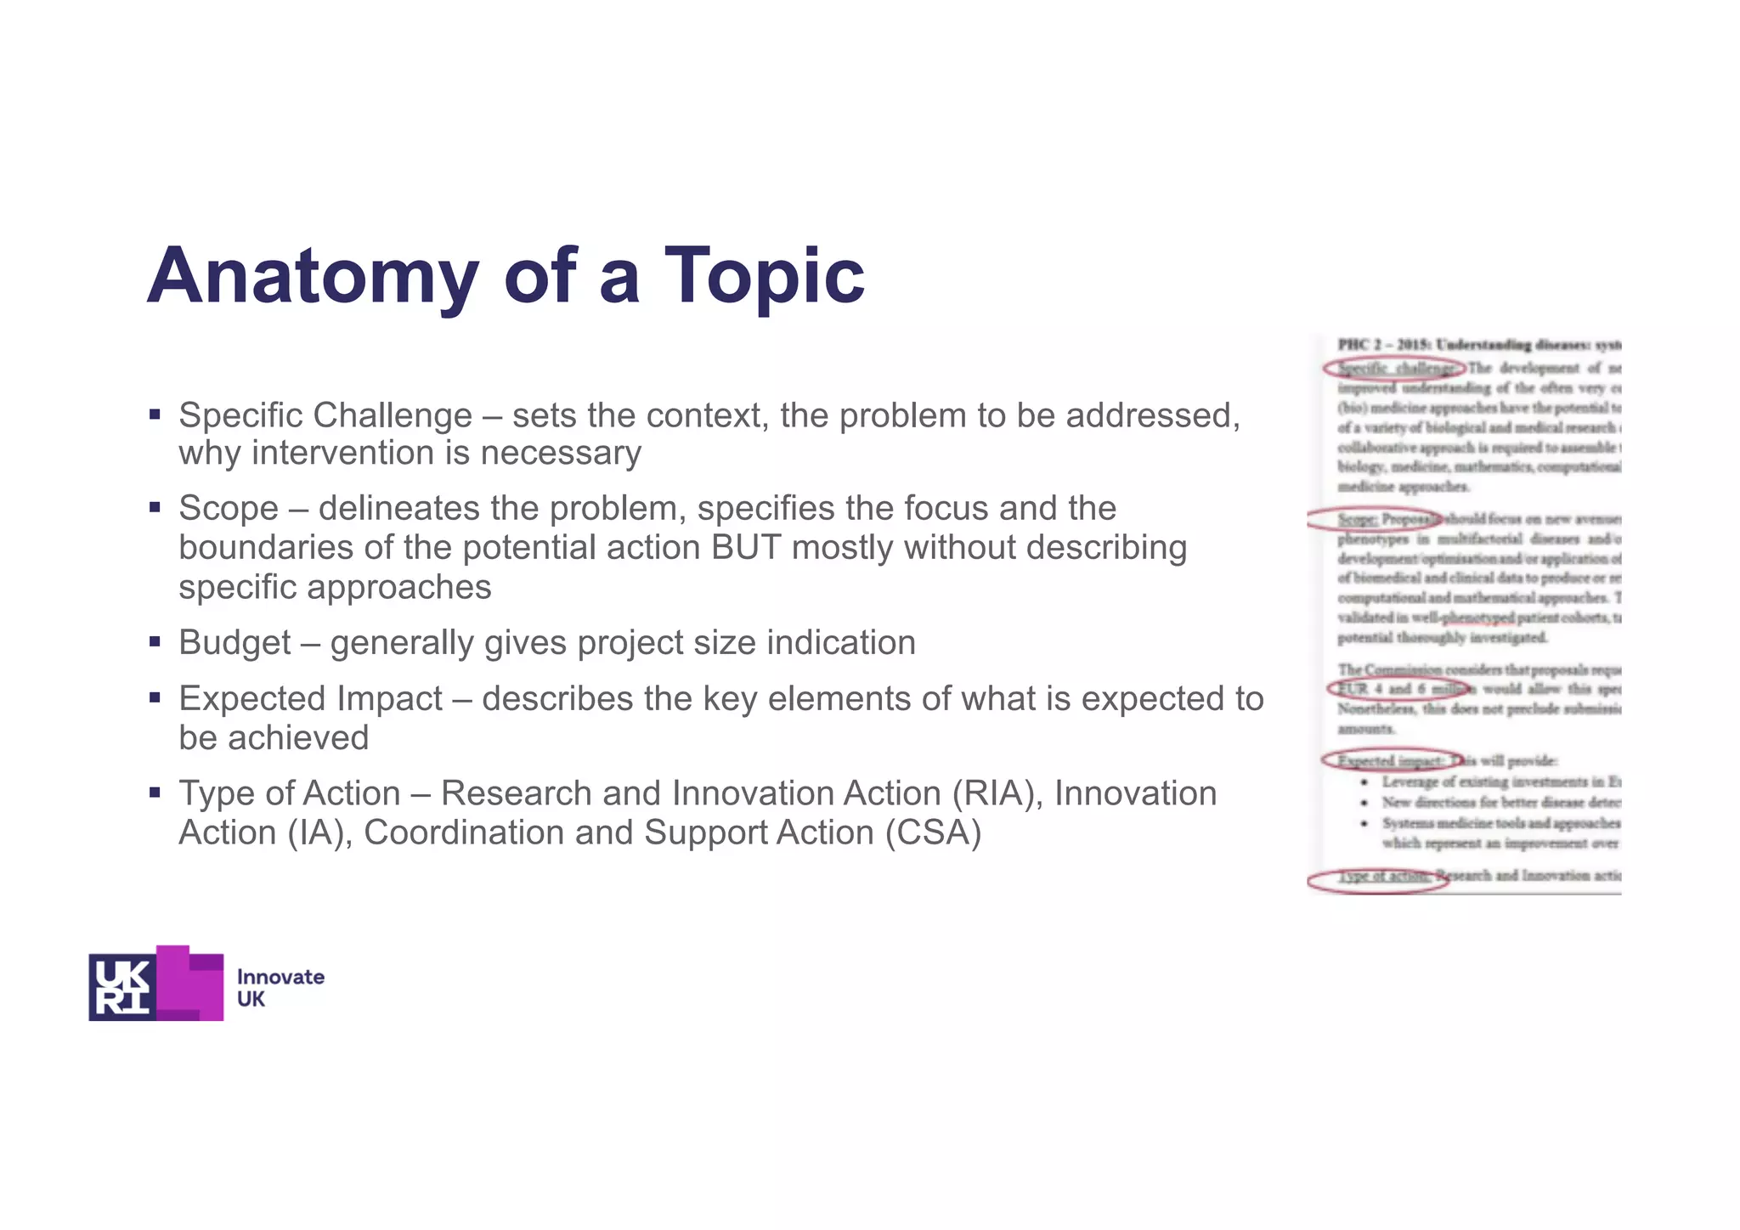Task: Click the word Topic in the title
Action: [x=763, y=276]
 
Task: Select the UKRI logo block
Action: [x=156, y=983]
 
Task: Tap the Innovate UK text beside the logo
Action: [x=280, y=988]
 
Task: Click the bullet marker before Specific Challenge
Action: [x=155, y=415]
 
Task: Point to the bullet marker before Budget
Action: [x=155, y=642]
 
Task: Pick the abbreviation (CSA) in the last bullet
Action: [x=933, y=832]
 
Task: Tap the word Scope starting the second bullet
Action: [x=229, y=509]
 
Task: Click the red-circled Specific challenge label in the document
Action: [x=1393, y=369]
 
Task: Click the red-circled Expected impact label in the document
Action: [x=1390, y=760]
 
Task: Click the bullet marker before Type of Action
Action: [x=155, y=793]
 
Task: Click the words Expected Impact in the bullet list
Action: [x=310, y=699]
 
